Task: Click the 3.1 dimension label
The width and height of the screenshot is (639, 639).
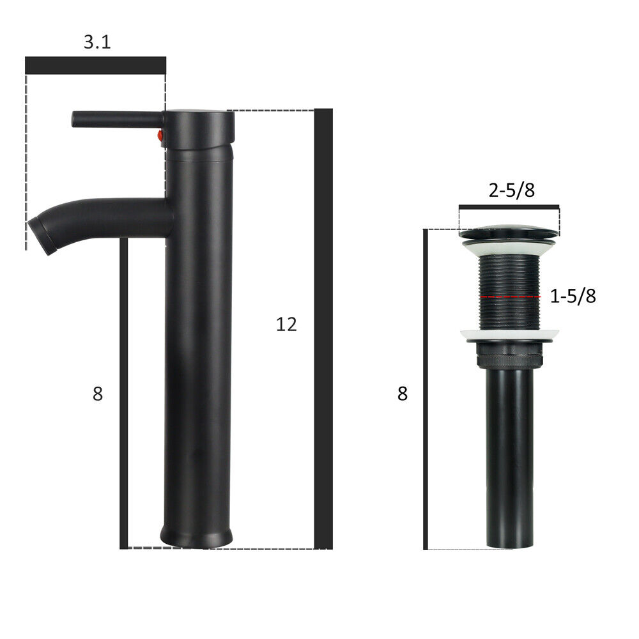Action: pyautogui.click(x=97, y=42)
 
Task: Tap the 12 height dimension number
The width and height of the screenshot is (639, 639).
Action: pyautogui.click(x=286, y=325)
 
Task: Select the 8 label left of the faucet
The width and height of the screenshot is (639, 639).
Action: pyautogui.click(x=98, y=394)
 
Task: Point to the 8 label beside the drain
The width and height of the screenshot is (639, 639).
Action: pyautogui.click(x=402, y=394)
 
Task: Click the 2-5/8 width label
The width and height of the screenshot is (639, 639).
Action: pyautogui.click(x=511, y=190)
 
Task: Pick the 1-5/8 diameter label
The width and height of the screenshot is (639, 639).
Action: pyautogui.click(x=573, y=296)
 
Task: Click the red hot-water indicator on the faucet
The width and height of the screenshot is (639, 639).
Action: pyautogui.click(x=160, y=135)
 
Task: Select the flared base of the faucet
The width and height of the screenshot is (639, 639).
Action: pyautogui.click(x=196, y=535)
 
